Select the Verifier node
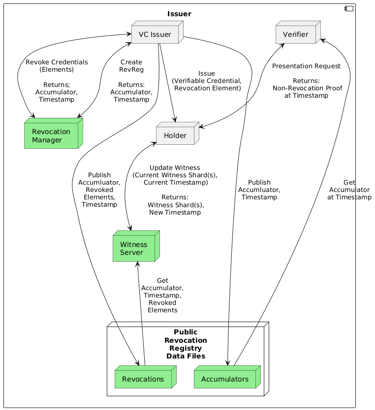coord(296,34)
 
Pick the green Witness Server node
coord(133,248)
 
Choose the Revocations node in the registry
coord(142,379)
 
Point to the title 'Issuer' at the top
coord(179,14)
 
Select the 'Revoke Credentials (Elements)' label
coord(57,66)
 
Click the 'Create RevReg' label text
coord(131,66)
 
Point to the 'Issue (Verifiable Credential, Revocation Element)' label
coord(207,81)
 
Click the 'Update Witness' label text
coord(175,167)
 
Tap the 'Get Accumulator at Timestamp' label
coord(349,190)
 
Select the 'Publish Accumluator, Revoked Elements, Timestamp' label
coord(99,190)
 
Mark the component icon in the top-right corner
coord(348,9)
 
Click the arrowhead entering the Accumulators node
coord(229,363)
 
